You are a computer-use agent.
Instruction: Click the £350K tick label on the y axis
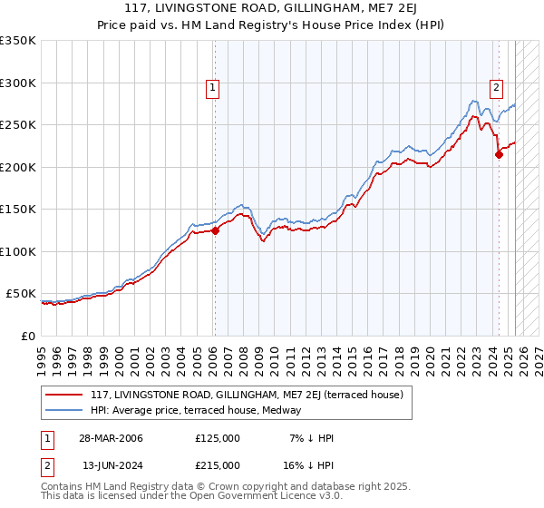[x=17, y=41]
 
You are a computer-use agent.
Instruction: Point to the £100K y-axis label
[x=17, y=251]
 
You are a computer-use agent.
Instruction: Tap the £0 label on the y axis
[x=27, y=336]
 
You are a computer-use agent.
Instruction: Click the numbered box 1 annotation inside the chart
[x=212, y=88]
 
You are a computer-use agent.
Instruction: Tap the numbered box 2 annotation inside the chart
[x=497, y=88]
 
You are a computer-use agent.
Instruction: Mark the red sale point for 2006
[x=215, y=230]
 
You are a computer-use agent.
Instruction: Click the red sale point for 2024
[x=499, y=155]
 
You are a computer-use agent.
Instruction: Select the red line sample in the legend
[x=64, y=395]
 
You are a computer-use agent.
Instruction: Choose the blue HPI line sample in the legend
[x=64, y=410]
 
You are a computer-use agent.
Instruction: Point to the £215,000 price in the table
[x=218, y=464]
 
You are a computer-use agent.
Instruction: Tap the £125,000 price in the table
[x=218, y=438]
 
